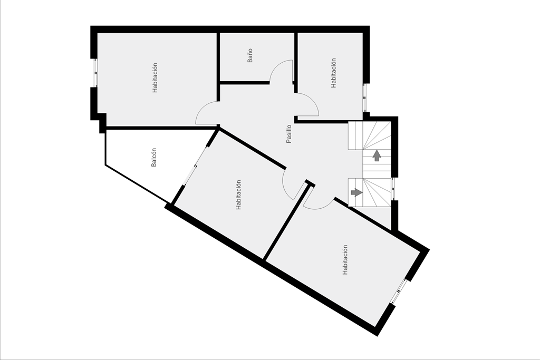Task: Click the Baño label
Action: [x=250, y=55]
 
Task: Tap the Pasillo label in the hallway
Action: [x=288, y=133]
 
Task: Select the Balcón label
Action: [x=154, y=158]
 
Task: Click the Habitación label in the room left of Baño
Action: [x=155, y=78]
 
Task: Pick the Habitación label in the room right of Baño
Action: [x=333, y=73]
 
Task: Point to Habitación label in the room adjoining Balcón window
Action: [x=238, y=195]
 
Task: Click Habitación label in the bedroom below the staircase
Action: [x=345, y=260]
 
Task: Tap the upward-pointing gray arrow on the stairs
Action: [x=377, y=155]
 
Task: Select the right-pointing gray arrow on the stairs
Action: [x=356, y=192]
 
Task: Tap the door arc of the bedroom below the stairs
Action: [x=319, y=207]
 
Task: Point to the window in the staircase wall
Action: [x=393, y=189]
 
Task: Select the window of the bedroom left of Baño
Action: [x=96, y=73]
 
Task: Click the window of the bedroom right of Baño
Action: [x=365, y=98]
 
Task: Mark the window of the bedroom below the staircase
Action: [x=399, y=291]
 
